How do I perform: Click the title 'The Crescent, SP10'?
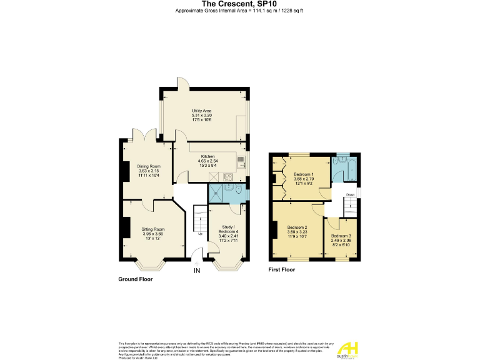coord(240,4)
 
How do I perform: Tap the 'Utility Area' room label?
coord(202,111)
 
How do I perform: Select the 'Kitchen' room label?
coord(207,156)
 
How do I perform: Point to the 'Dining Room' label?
coord(149,166)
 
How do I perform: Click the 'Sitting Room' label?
coord(152,229)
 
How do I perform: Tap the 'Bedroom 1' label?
coord(304,174)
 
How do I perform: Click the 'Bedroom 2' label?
coord(297,227)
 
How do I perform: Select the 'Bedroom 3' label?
coord(341,236)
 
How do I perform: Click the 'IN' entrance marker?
coord(197,271)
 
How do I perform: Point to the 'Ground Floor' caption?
coord(135,279)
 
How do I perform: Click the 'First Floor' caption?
coord(282,270)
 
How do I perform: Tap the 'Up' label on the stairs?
coord(200,234)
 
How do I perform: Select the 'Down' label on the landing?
coord(351,194)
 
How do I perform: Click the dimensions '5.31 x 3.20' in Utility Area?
coord(202,116)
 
